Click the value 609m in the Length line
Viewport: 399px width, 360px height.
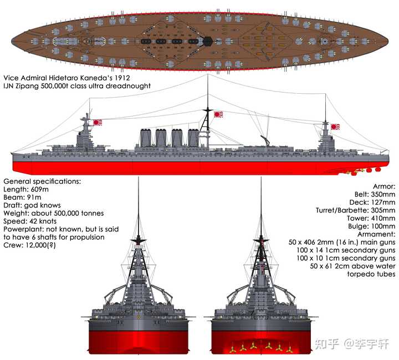click(40, 190)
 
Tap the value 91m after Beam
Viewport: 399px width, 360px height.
click(34, 197)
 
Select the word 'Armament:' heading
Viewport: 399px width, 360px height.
click(376, 234)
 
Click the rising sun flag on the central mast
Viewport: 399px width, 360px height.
click(218, 114)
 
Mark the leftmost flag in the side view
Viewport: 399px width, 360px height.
click(98, 123)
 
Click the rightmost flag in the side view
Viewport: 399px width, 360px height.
click(335, 126)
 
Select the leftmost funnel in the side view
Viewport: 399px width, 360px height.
click(145, 138)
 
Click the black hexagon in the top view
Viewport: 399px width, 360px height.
click(207, 41)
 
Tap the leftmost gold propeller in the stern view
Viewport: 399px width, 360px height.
click(232, 348)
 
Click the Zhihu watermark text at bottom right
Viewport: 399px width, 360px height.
click(352, 344)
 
